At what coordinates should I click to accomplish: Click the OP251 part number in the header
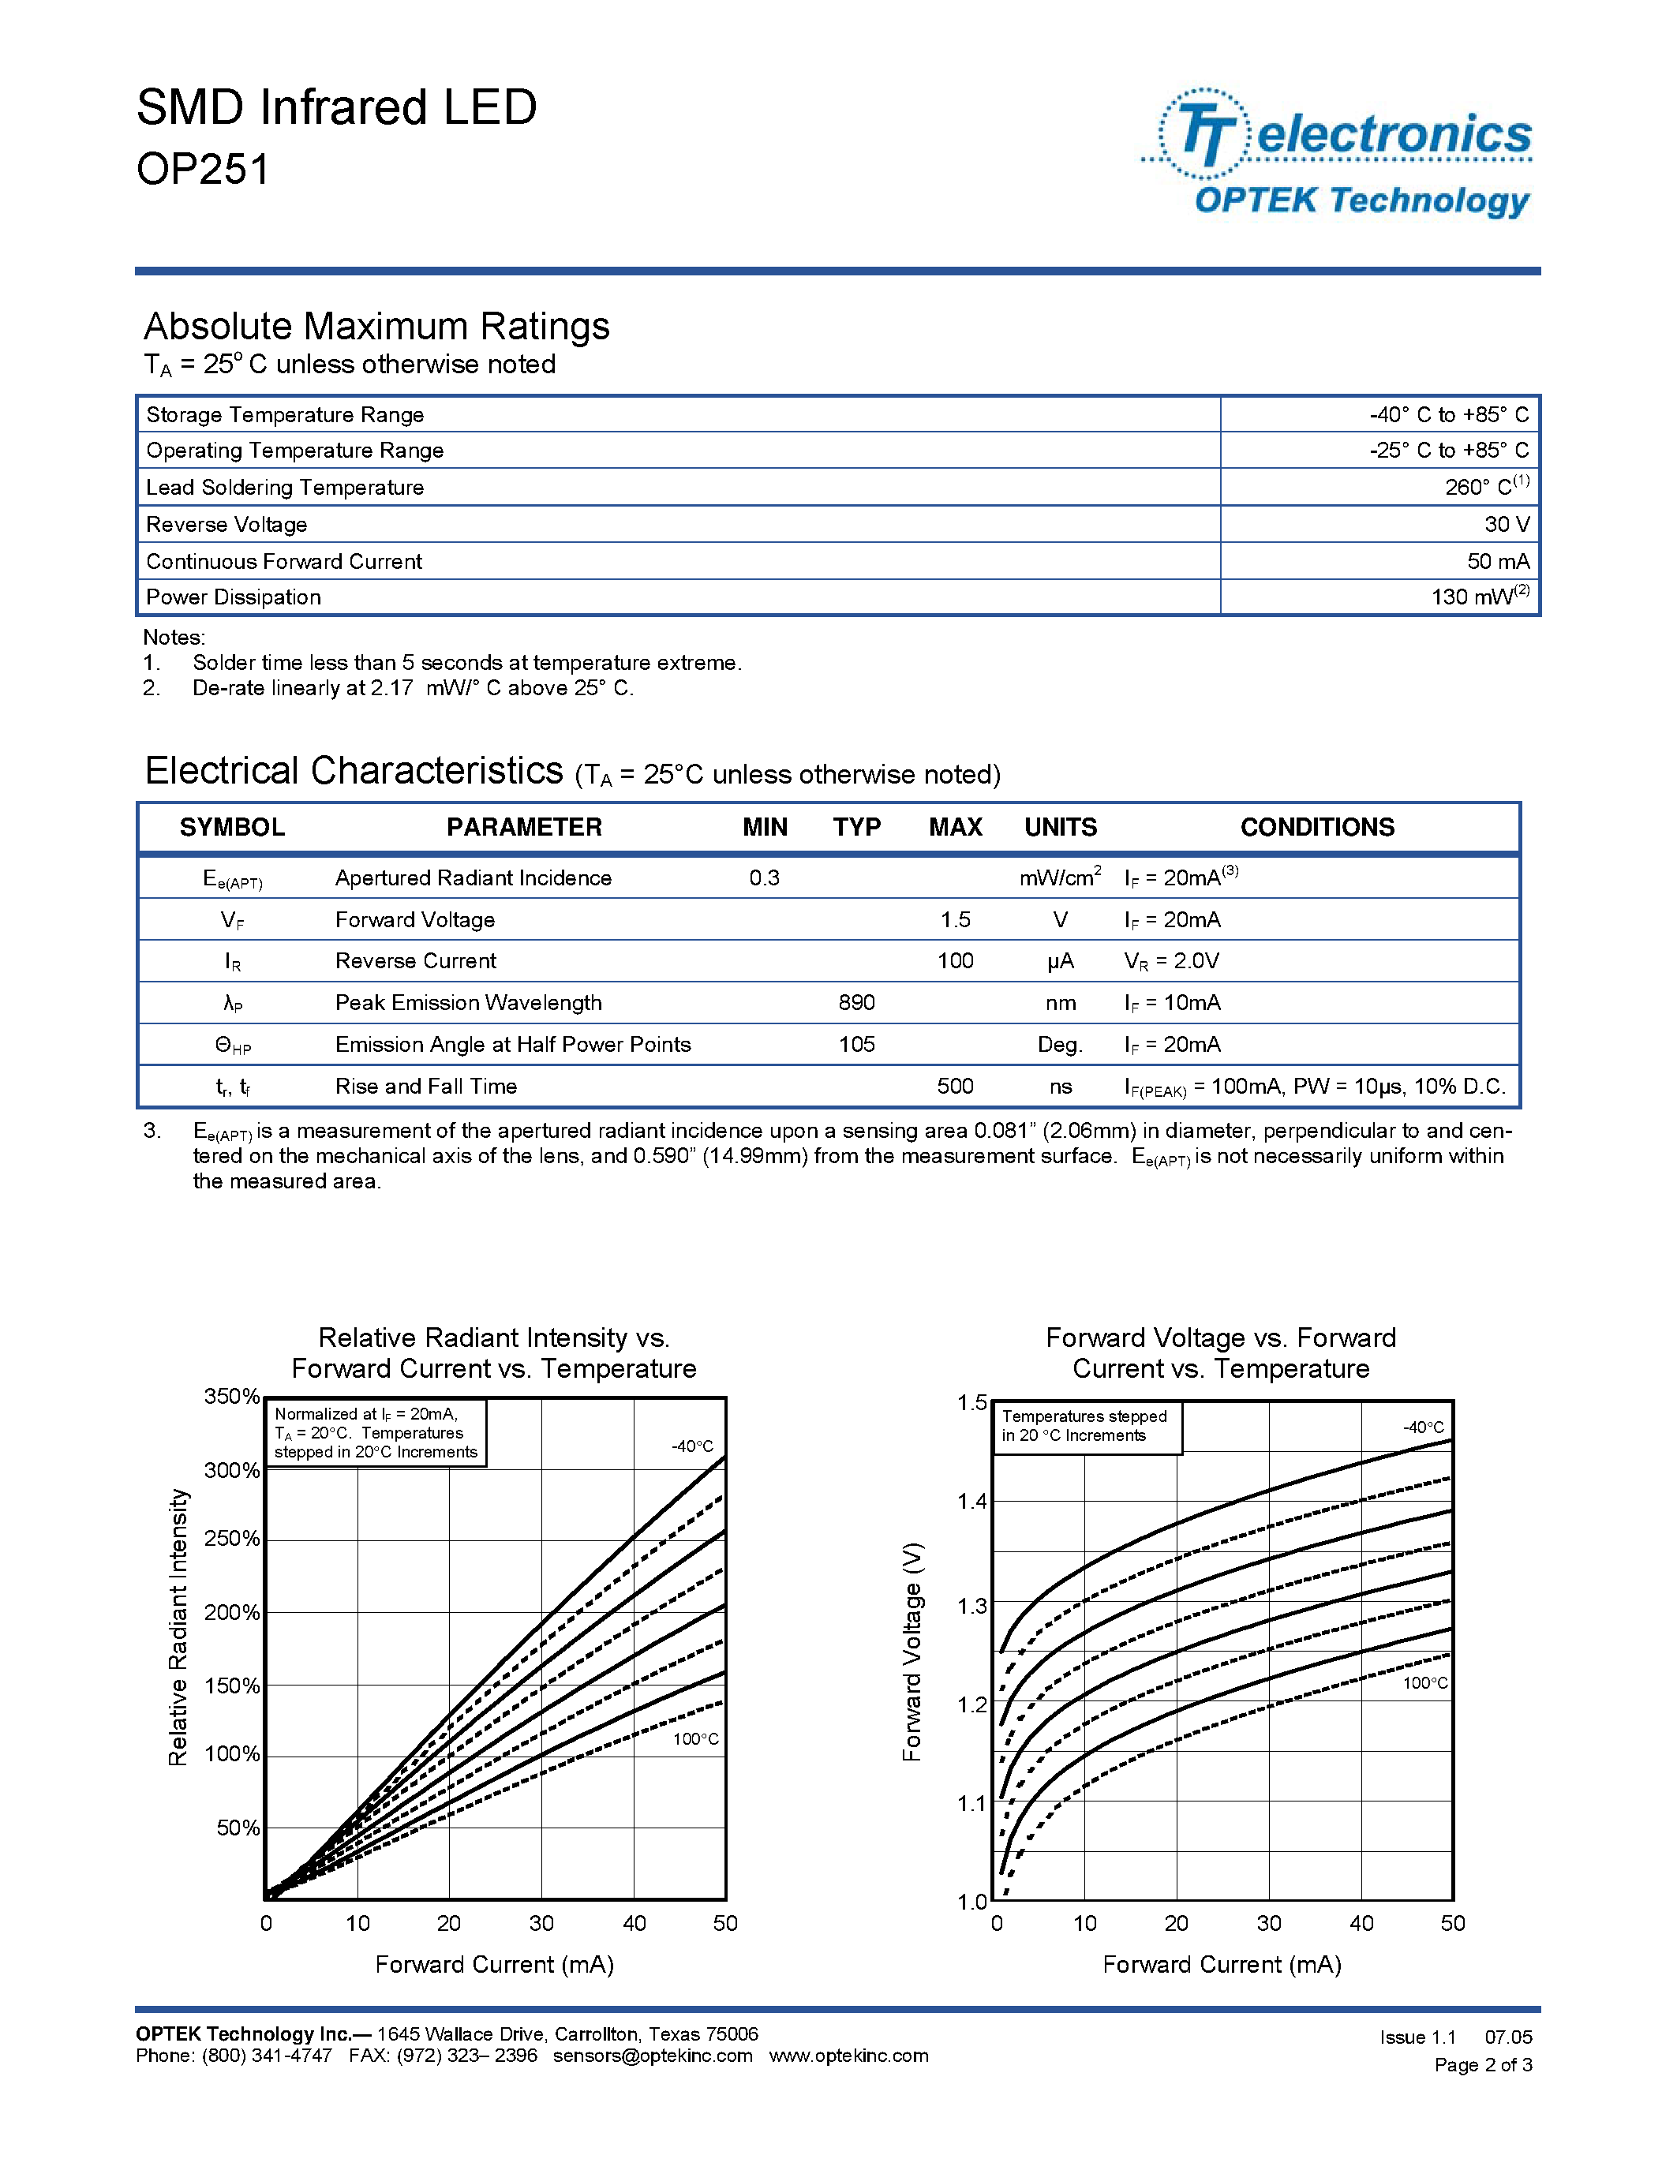pyautogui.click(x=203, y=169)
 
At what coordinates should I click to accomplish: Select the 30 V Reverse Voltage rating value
pyautogui.click(x=1506, y=524)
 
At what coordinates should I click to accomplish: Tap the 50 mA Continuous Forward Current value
pyautogui.click(x=1497, y=561)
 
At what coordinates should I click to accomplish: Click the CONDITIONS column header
pyautogui.click(x=1316, y=827)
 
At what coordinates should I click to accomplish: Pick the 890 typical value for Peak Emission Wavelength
pyautogui.click(x=855, y=1002)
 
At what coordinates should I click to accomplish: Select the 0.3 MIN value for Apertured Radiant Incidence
pyautogui.click(x=764, y=877)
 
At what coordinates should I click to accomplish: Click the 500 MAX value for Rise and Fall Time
pyautogui.click(x=955, y=1086)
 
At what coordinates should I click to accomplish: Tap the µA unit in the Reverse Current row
pyautogui.click(x=1060, y=961)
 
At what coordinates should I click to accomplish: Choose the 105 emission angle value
pyautogui.click(x=855, y=1044)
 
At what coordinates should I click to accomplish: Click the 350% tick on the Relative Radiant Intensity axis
pyautogui.click(x=231, y=1396)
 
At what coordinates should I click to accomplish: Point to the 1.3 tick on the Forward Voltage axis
pyautogui.click(x=971, y=1606)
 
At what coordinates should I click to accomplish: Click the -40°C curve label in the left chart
pyautogui.click(x=691, y=1446)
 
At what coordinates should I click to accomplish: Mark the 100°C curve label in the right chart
pyautogui.click(x=1424, y=1683)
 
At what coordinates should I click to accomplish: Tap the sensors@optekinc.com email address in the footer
pyautogui.click(x=652, y=2056)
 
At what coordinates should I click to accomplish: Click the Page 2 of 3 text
pyautogui.click(x=1482, y=2065)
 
